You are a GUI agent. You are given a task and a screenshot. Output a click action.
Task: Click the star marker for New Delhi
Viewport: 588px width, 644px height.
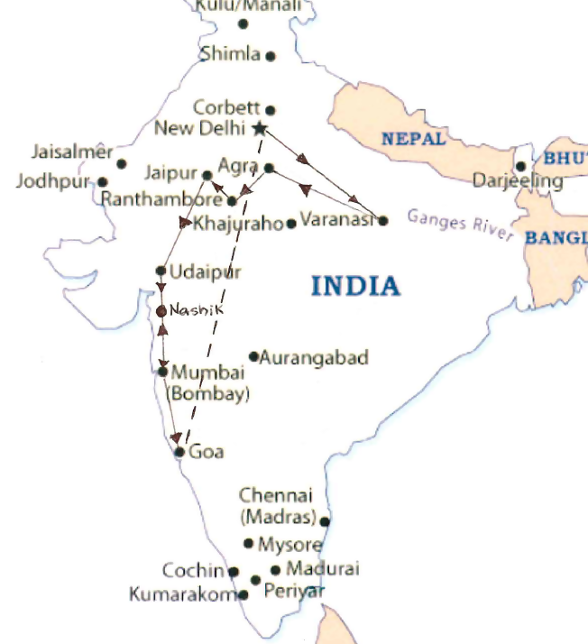[261, 127]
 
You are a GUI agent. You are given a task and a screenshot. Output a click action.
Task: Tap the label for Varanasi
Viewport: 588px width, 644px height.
[336, 219]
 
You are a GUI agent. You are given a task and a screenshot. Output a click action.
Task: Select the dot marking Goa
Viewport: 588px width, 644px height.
[179, 452]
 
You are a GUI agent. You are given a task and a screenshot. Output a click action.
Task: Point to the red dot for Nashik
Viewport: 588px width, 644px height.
[161, 310]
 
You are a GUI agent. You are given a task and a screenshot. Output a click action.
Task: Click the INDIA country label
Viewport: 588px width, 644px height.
[355, 286]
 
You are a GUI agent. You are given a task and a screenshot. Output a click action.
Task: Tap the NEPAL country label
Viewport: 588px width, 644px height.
[414, 139]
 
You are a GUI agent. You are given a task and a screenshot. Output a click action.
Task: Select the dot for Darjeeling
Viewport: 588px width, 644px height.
[520, 166]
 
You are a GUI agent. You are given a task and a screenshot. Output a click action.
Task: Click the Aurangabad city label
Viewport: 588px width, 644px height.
[314, 357]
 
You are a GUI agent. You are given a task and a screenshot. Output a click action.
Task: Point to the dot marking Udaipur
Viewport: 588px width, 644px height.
[161, 270]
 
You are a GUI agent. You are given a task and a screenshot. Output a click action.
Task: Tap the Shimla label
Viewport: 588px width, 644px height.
[230, 54]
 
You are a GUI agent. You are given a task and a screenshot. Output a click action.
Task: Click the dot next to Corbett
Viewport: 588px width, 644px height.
[270, 110]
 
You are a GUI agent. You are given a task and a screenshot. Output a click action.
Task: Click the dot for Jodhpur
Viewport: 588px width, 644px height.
[101, 182]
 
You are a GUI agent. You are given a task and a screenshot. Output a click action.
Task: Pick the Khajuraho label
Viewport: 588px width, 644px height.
[238, 223]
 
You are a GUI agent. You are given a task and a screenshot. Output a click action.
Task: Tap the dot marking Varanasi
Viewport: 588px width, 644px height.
[383, 220]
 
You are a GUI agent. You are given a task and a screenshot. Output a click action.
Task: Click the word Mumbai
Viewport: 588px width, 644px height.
[207, 373]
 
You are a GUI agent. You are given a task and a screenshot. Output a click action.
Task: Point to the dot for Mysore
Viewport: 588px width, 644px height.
[249, 543]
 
